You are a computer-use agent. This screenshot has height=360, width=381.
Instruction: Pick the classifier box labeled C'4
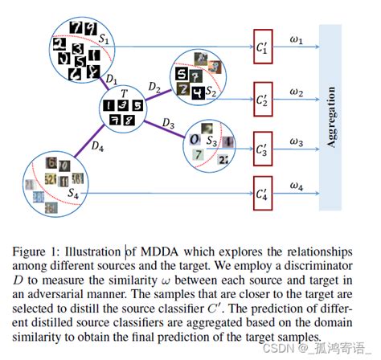(x=264, y=194)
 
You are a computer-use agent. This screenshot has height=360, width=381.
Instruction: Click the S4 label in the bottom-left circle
(x=73, y=193)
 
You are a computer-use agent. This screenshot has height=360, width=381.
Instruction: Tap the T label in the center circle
(x=122, y=94)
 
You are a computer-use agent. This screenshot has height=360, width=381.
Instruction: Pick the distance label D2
(x=155, y=86)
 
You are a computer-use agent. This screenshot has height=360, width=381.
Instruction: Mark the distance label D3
(x=167, y=121)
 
